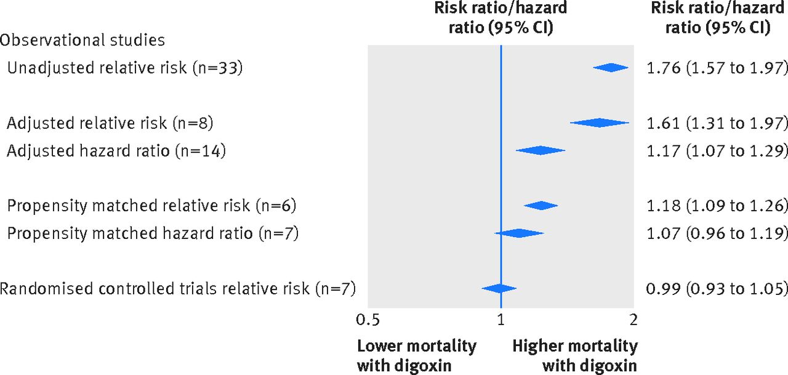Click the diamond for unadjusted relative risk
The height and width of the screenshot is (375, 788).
(611, 68)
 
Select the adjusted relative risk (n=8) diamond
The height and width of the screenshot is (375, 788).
(600, 123)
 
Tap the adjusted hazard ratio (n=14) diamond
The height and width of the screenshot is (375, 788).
(541, 150)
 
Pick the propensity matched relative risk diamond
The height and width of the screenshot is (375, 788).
(541, 206)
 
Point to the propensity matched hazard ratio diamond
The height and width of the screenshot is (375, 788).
(519, 233)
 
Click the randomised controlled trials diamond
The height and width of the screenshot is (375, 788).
(499, 288)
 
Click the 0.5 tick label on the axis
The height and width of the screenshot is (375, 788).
(368, 320)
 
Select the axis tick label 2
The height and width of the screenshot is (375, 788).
(633, 320)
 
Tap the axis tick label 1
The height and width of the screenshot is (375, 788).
(501, 320)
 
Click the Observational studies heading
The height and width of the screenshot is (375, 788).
(82, 41)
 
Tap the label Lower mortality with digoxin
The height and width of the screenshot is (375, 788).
(417, 355)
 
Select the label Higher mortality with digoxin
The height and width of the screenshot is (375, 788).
(575, 355)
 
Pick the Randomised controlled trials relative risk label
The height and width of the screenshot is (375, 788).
(179, 288)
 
